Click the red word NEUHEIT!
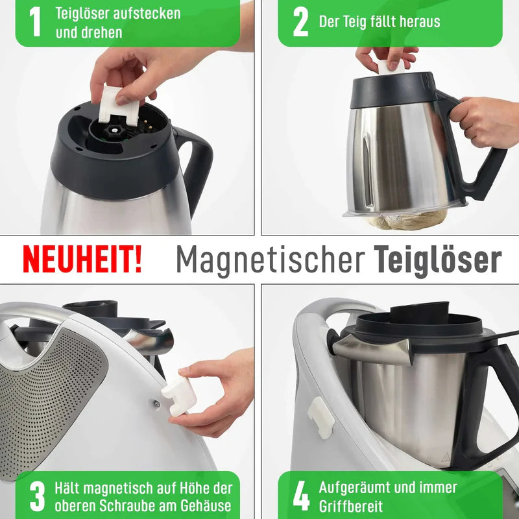82,259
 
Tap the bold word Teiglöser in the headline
438,260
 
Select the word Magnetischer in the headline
269,260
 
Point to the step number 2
300,22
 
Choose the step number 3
38,496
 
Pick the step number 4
301,496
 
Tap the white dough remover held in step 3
178,396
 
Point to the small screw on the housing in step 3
156,404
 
